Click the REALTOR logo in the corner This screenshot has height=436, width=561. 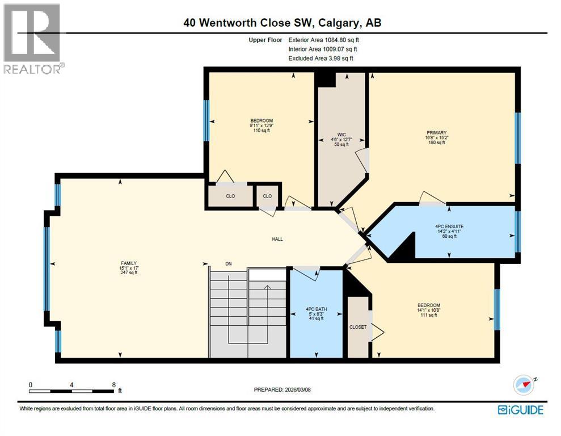pyautogui.click(x=32, y=38)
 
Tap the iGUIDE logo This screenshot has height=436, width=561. pyautogui.click(x=520, y=409)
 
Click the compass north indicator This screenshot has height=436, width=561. pyautogui.click(x=524, y=385)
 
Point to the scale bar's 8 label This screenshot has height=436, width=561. pyautogui.click(x=114, y=384)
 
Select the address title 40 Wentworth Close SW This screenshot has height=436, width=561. pyautogui.click(x=282, y=23)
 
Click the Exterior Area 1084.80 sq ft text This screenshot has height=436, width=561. pyautogui.click(x=323, y=40)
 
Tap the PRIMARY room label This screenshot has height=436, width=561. pyautogui.click(x=435, y=132)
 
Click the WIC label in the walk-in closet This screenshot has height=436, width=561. pyautogui.click(x=341, y=135)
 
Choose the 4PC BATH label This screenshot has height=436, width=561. pyautogui.click(x=316, y=309)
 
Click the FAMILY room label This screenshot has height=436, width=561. pyautogui.click(x=129, y=263)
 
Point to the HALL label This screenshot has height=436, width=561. pyautogui.click(x=277, y=239)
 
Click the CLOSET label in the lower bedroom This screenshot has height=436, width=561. pyautogui.click(x=358, y=327)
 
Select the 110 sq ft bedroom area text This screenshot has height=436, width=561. pyautogui.click(x=261, y=131)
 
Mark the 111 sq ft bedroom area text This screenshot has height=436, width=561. pyautogui.click(x=428, y=315)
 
